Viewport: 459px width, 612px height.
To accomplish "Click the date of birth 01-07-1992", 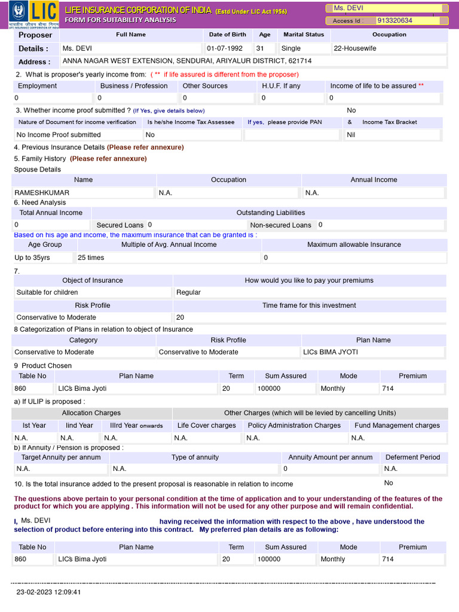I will click(225, 48).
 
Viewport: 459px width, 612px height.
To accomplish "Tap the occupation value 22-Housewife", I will click(355, 48).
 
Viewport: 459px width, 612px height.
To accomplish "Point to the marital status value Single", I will click(291, 48).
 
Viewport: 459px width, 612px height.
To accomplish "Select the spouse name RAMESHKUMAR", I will click(42, 193).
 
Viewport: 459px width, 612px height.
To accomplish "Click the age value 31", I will click(260, 48).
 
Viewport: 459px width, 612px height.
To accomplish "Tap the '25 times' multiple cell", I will click(91, 258).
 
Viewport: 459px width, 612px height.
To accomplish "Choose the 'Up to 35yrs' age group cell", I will click(32, 258).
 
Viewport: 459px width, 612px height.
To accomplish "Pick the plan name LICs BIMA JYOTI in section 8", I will click(331, 352).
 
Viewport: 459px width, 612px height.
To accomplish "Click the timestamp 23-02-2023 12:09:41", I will click(48, 592).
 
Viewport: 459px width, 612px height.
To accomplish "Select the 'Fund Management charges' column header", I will click(397, 426).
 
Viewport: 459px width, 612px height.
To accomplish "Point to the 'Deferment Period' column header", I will click(412, 457).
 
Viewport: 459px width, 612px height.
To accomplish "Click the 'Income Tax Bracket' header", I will click(390, 122).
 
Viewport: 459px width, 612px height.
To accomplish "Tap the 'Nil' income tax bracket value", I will click(351, 135).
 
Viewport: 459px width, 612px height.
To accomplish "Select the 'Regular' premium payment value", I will click(188, 292).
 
